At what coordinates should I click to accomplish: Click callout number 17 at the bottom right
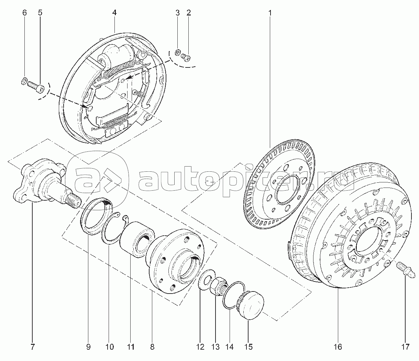point(405,347)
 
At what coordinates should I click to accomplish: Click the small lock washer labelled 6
point(24,81)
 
